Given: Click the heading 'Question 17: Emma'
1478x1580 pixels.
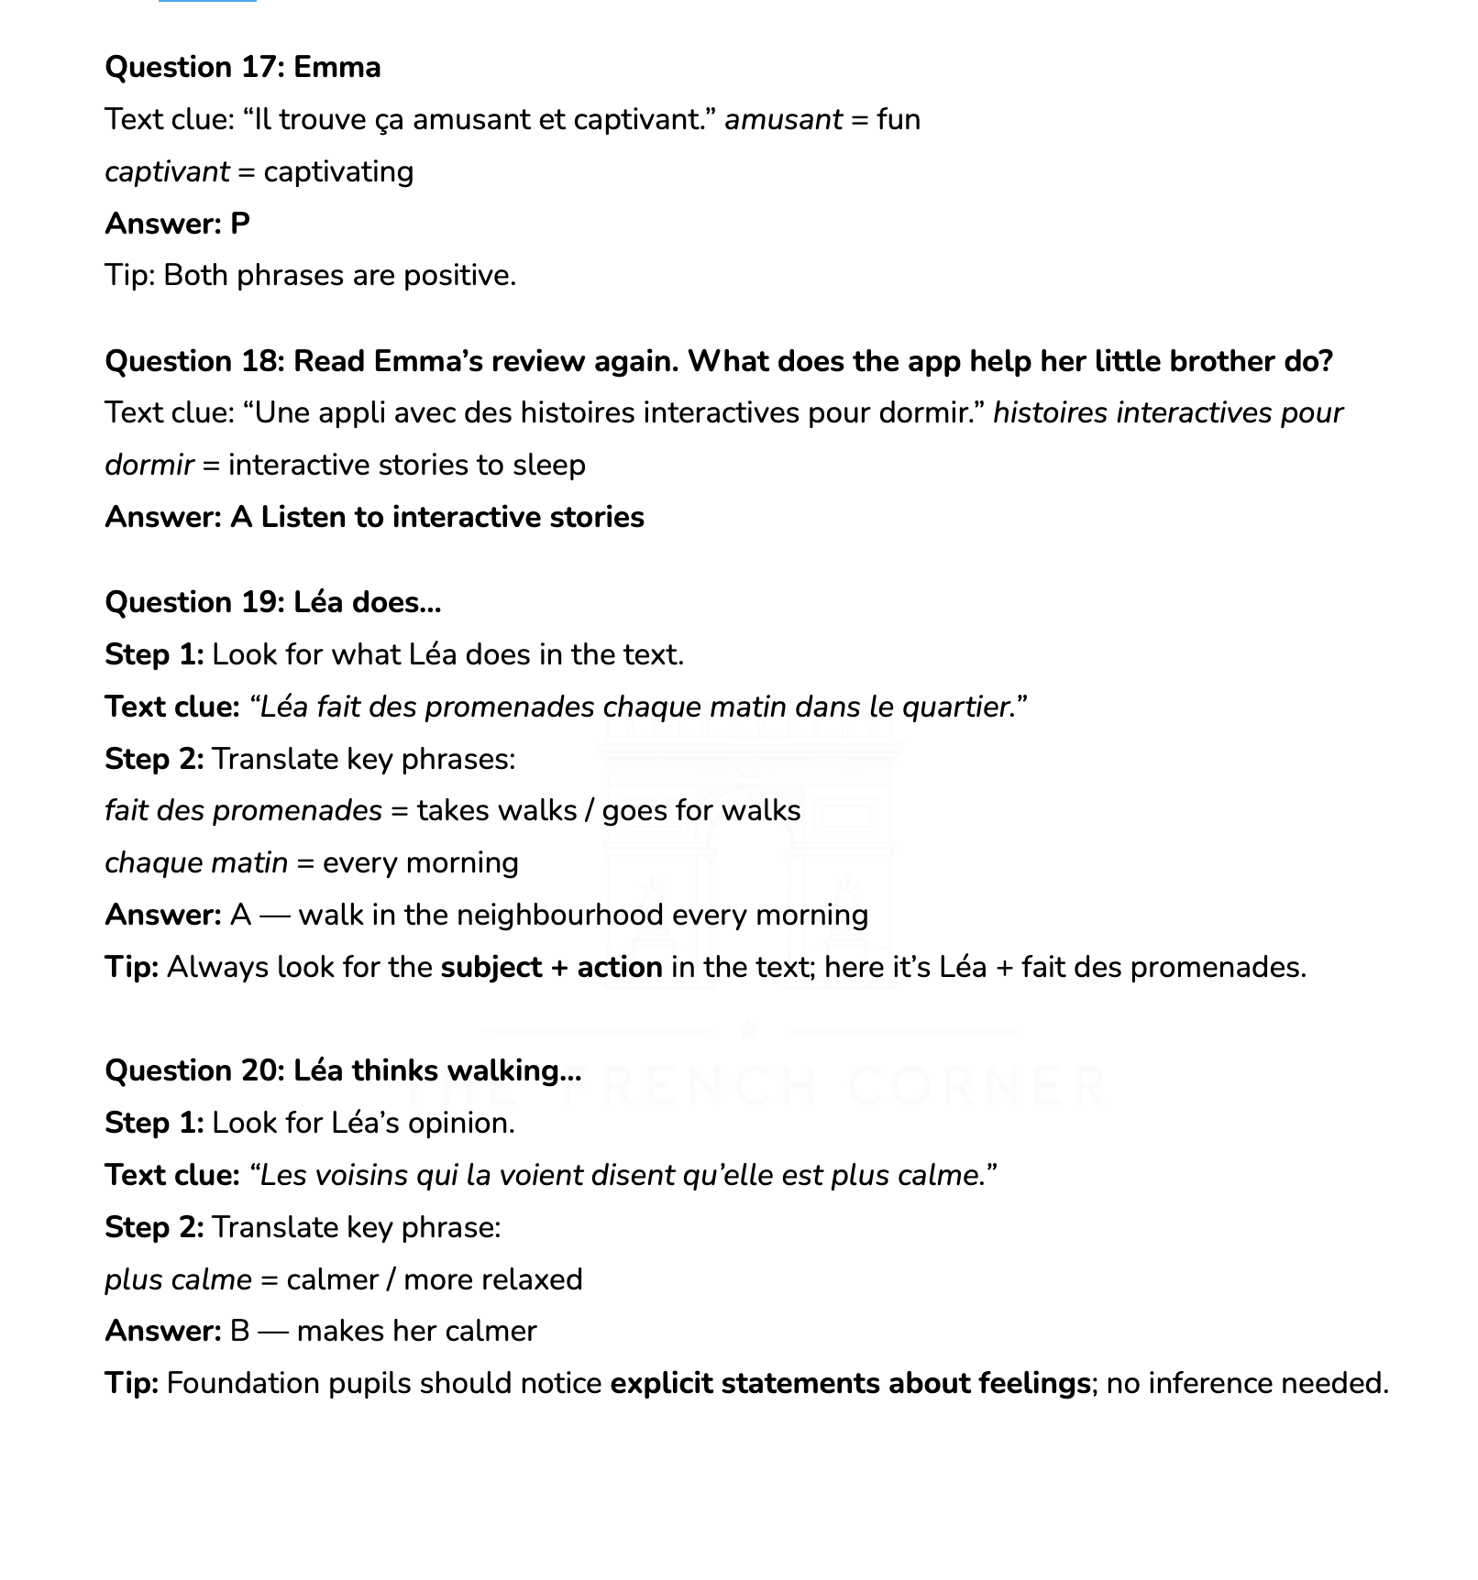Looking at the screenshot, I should pos(243,68).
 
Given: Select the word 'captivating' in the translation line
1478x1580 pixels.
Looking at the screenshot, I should pos(338,172).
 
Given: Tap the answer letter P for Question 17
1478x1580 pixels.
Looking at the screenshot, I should pos(240,225).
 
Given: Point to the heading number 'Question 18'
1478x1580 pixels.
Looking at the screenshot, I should pos(193,362).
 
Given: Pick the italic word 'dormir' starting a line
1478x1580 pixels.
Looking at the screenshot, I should pos(149,466).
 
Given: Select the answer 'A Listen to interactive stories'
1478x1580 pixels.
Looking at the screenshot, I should pos(436,518).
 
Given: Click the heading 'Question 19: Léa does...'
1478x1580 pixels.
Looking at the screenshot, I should pos(273,603).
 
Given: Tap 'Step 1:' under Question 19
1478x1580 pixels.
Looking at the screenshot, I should pos(154,655).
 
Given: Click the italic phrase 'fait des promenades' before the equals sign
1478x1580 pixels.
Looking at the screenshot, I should pos(243,811).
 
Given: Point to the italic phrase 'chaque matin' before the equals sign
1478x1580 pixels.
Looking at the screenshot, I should pos(196,863).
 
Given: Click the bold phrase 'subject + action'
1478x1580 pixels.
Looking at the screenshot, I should pos(551,968).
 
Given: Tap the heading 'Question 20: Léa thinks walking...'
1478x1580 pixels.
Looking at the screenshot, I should pos(343,1071).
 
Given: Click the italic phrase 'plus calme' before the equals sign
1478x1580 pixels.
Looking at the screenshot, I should pos(178,1280).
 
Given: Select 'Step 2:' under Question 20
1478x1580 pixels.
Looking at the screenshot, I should pos(154,1228).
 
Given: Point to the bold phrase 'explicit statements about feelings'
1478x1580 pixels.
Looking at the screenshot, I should pos(849,1384).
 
